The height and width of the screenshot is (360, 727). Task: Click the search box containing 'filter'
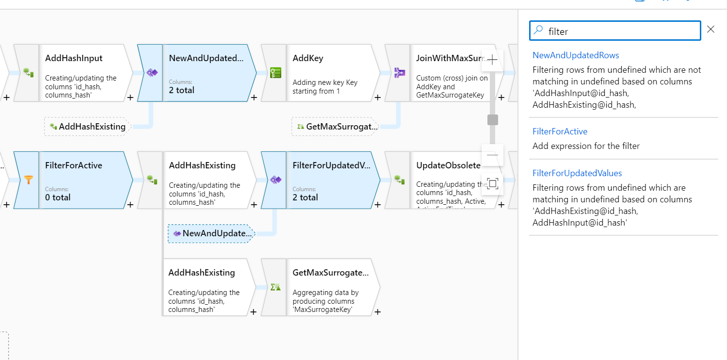click(x=614, y=31)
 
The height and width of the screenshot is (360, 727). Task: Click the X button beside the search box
click(x=711, y=30)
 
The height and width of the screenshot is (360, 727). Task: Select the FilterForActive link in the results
click(x=560, y=131)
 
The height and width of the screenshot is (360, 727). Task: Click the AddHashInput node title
click(x=74, y=58)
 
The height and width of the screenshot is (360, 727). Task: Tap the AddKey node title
click(x=308, y=58)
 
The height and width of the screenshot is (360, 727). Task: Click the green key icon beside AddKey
click(x=275, y=73)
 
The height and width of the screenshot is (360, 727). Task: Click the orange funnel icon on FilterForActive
click(x=29, y=180)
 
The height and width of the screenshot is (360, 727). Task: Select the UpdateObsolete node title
click(x=448, y=165)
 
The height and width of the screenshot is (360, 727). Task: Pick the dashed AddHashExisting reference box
click(x=87, y=127)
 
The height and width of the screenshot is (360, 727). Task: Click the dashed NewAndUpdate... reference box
click(x=212, y=233)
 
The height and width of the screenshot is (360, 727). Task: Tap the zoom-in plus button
click(x=492, y=60)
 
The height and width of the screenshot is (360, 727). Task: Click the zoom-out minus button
click(x=492, y=155)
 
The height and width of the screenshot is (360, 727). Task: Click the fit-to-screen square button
click(x=492, y=183)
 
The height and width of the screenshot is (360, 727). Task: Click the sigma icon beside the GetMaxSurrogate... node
click(x=275, y=287)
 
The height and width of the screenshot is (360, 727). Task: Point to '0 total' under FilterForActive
click(x=58, y=197)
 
